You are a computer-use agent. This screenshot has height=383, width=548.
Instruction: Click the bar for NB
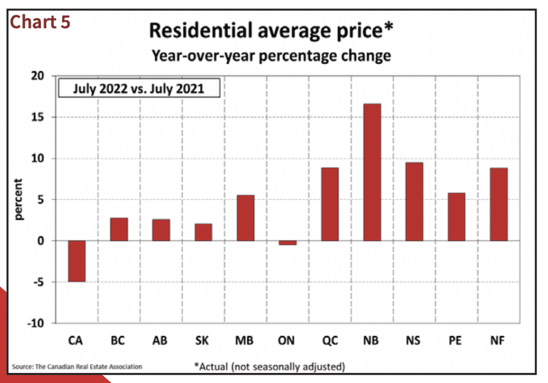pos(372,172)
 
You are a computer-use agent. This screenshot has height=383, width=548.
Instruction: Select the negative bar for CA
pos(77,261)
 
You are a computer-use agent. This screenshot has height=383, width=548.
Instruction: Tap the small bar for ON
pos(287,243)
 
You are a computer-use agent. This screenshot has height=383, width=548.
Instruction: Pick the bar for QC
pos(330,204)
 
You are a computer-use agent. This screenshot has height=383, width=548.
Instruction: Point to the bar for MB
pos(245,218)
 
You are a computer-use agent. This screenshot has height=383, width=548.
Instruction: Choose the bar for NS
pos(414,202)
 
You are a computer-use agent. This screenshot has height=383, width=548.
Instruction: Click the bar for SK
pos(203,232)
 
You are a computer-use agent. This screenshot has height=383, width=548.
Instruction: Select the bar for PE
pos(456,217)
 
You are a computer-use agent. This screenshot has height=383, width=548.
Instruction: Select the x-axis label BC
pos(118,341)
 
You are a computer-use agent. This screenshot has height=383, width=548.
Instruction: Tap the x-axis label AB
pos(160,341)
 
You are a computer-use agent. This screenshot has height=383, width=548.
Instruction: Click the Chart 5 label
pos(40,22)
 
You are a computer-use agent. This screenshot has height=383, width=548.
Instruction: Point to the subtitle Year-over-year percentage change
pos(272,56)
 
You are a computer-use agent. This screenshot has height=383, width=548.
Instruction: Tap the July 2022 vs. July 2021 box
pos(139,89)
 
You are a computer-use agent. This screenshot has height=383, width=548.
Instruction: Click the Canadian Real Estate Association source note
pos(77,367)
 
